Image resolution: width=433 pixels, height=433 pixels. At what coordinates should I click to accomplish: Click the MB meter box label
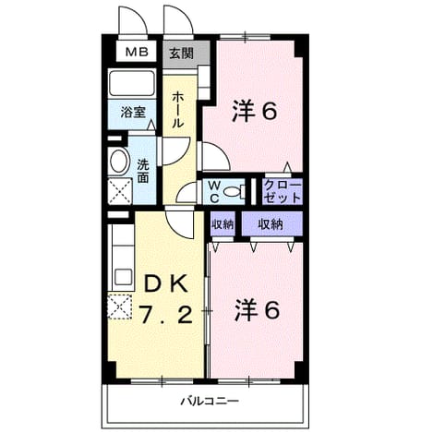click(137, 52)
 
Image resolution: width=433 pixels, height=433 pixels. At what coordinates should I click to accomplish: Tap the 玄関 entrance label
click(182, 54)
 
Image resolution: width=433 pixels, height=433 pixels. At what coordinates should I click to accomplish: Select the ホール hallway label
click(178, 110)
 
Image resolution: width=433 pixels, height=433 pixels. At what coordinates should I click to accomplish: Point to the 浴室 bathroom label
click(133, 113)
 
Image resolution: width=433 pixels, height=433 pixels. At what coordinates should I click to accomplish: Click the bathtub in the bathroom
click(132, 83)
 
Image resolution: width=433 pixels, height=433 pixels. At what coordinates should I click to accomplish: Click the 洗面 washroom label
click(143, 171)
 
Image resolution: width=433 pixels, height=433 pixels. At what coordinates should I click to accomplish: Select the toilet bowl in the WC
click(235, 192)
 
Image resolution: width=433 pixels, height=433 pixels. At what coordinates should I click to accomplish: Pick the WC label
click(214, 192)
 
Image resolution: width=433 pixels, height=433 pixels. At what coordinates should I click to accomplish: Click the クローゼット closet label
click(283, 192)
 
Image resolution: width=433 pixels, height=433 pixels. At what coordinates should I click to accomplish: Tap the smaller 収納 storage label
click(223, 224)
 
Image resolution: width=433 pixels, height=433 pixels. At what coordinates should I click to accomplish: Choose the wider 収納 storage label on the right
click(271, 224)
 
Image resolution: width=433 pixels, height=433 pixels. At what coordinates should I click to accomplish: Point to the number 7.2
click(166, 315)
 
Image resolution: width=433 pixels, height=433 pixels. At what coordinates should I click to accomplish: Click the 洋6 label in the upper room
click(255, 111)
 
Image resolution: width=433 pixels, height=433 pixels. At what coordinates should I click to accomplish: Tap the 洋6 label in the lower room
click(258, 310)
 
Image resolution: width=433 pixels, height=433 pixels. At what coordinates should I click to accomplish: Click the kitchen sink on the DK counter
click(124, 277)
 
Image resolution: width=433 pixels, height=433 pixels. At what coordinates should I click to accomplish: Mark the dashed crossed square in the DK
click(120, 307)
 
